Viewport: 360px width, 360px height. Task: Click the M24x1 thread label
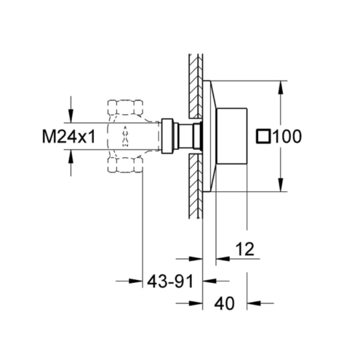click(69, 136)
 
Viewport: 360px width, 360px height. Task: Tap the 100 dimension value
click(287, 136)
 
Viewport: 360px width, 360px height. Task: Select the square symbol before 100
click(263, 136)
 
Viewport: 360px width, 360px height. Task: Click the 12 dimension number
click(245, 249)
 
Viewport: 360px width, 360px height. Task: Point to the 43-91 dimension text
click(170, 281)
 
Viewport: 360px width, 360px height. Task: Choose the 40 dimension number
click(225, 303)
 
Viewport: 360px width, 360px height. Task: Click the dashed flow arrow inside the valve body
click(125, 136)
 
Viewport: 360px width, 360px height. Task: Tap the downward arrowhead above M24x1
click(71, 116)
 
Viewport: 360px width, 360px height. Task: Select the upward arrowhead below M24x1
click(71, 156)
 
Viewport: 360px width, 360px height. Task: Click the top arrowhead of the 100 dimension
click(281, 87)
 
